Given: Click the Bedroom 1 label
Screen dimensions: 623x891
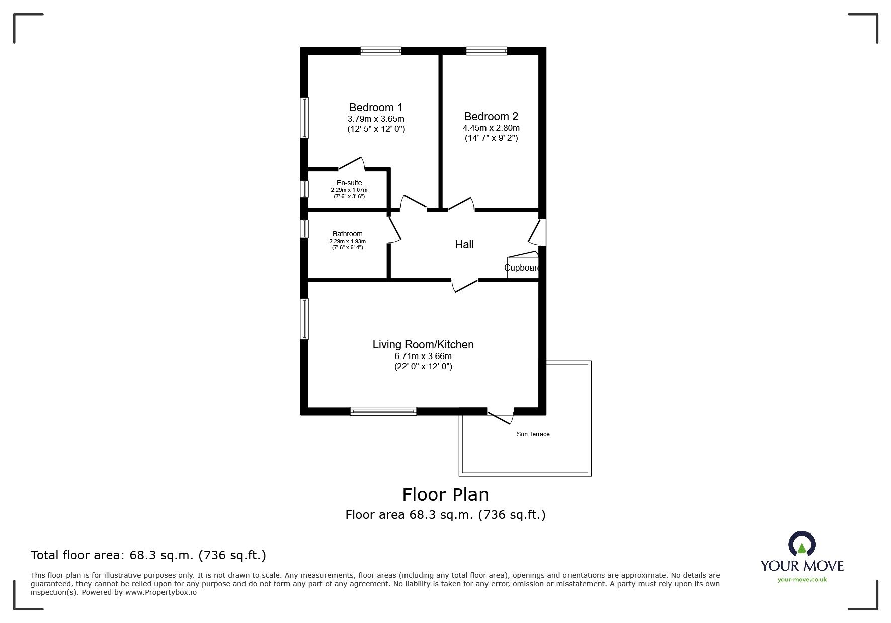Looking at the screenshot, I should [x=376, y=107].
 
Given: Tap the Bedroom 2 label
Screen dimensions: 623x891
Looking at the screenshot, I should [x=491, y=116].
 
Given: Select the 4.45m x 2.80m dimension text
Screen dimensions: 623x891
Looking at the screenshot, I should [x=491, y=128].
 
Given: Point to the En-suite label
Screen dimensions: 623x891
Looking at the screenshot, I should [x=349, y=183].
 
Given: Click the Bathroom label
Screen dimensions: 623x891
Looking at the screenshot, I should [x=347, y=234].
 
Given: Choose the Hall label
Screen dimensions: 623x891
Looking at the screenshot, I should [x=464, y=245].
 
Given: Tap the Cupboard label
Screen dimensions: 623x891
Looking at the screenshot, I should [x=522, y=268].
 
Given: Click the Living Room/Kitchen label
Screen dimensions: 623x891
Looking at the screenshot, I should [x=423, y=344].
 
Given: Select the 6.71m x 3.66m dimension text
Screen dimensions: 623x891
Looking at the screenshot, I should [x=423, y=356].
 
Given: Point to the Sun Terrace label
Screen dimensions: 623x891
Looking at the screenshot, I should [x=533, y=434].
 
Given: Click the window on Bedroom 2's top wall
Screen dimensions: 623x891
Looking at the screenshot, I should [x=487, y=51].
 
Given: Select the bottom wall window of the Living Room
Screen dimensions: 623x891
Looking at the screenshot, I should [x=383, y=411].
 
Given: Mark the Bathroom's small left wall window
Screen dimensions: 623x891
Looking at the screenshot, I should [x=304, y=229].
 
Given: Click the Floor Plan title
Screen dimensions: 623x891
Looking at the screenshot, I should [x=445, y=495].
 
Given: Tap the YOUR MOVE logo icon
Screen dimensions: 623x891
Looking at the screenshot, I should [x=801, y=544].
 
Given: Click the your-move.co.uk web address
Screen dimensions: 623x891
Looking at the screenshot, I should [x=802, y=580].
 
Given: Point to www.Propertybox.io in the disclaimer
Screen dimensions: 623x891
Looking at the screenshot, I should [x=161, y=592].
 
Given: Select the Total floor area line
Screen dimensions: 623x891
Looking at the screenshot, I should [x=148, y=555].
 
